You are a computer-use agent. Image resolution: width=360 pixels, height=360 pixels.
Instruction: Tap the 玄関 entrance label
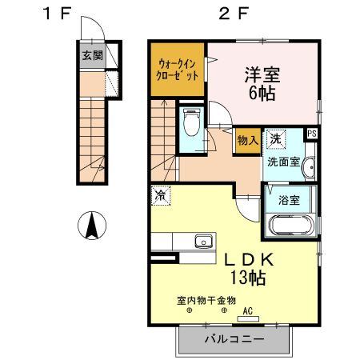click(91, 56)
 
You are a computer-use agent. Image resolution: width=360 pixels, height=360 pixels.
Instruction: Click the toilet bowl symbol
click(190, 123)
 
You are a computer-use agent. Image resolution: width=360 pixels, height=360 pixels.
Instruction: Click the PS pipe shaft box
click(312, 134)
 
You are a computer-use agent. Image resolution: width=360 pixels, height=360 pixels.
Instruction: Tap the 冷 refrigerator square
click(160, 194)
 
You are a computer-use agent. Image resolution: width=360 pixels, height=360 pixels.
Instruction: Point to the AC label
click(247, 310)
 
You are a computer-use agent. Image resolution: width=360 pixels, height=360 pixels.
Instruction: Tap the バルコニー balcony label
click(233, 339)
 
